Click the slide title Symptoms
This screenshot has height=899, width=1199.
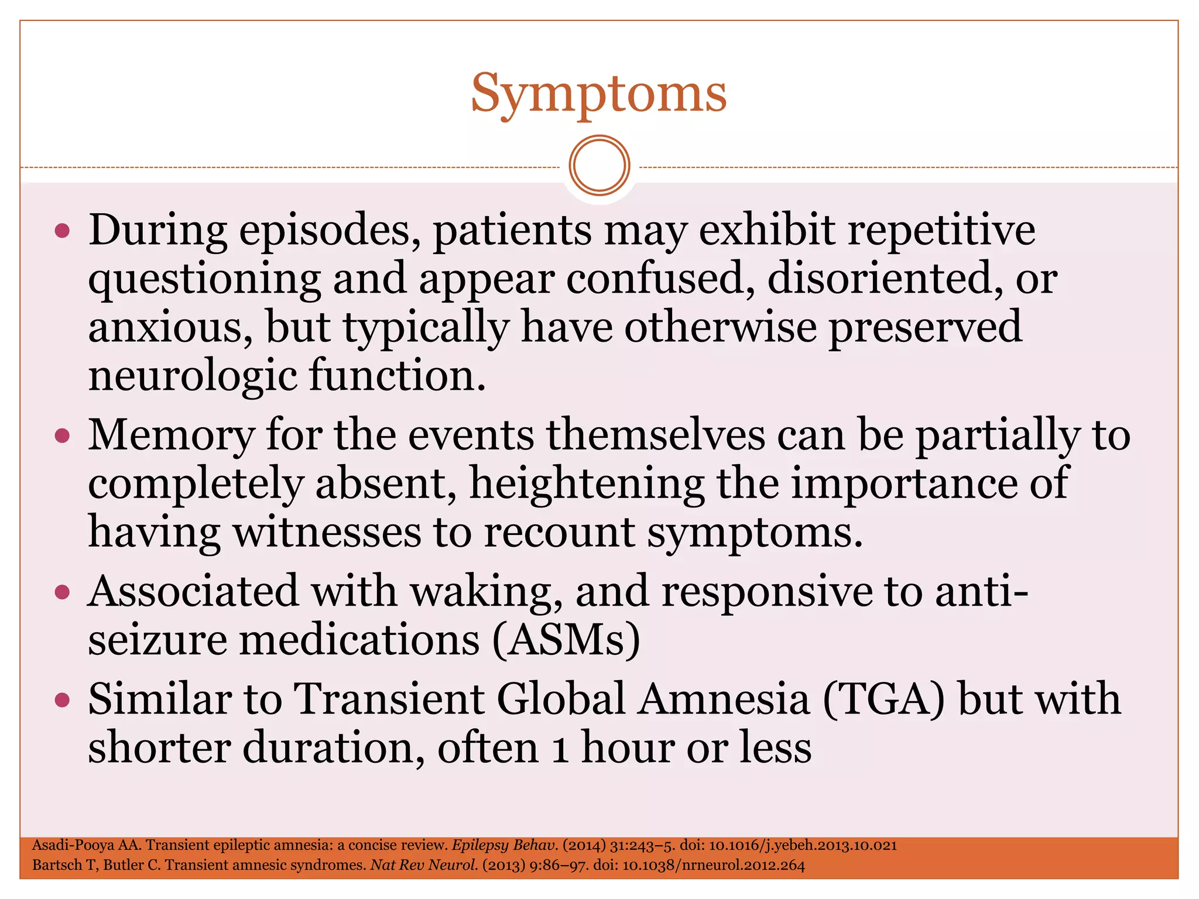pyautogui.click(x=598, y=94)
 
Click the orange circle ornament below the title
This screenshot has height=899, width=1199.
pyautogui.click(x=599, y=166)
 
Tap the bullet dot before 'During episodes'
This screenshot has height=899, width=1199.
pyautogui.click(x=62, y=231)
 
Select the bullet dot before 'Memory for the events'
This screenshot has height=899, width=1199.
pyautogui.click(x=62, y=435)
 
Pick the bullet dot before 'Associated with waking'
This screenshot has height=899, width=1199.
pyautogui.click(x=62, y=592)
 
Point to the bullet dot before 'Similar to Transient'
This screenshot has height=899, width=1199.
pyautogui.click(x=62, y=699)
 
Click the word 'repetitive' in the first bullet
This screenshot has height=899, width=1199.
pyautogui.click(x=941, y=229)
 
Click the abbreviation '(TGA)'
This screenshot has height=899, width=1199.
pyautogui.click(x=883, y=699)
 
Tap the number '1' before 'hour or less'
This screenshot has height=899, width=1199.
pyautogui.click(x=560, y=749)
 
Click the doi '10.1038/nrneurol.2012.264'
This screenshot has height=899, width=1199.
pyautogui.click(x=713, y=865)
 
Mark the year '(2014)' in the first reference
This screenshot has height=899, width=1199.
pyautogui.click(x=584, y=845)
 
